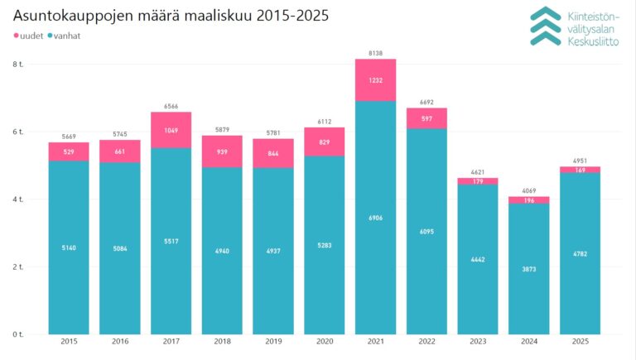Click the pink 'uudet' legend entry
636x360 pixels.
point(31,36)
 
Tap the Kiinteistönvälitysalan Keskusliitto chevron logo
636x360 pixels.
point(546,25)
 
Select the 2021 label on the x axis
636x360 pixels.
point(375,341)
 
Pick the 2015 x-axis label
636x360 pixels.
point(69,341)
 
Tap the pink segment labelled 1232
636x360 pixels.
point(375,80)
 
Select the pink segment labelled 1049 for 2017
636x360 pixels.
point(171,131)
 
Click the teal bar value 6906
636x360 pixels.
point(375,217)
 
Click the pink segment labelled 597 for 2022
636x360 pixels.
point(426,119)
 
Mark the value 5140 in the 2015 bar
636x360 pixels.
point(69,247)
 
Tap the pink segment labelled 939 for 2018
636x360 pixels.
point(222,152)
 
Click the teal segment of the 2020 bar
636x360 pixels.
point(324,245)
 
